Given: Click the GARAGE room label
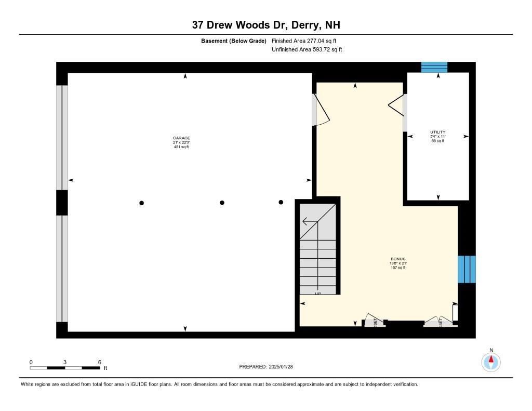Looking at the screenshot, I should pyautogui.click(x=181, y=142).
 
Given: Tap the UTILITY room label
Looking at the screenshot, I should pyautogui.click(x=437, y=136).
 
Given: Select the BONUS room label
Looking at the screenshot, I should pyautogui.click(x=398, y=263).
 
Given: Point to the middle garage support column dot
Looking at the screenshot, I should pyautogui.click(x=222, y=203).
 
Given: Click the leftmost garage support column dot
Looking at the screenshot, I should pyautogui.click(x=141, y=203).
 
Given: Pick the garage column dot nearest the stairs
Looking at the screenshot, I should pyautogui.click(x=281, y=202).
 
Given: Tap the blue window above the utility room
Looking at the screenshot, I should pyautogui.click(x=434, y=67).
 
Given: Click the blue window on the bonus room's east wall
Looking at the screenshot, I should pyautogui.click(x=466, y=269).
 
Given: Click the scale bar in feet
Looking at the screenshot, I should pyautogui.click(x=65, y=368).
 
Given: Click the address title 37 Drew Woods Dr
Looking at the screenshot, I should pyautogui.click(x=265, y=25).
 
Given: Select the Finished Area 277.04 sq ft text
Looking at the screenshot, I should pyautogui.click(x=307, y=41).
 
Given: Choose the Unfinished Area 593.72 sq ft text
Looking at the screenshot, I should pyautogui.click(x=307, y=50).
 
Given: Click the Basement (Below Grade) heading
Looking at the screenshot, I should pyautogui.click(x=234, y=41).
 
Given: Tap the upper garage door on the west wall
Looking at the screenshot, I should pyautogui.click(x=62, y=138).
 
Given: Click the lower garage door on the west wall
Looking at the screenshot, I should pyautogui.click(x=62, y=269).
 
